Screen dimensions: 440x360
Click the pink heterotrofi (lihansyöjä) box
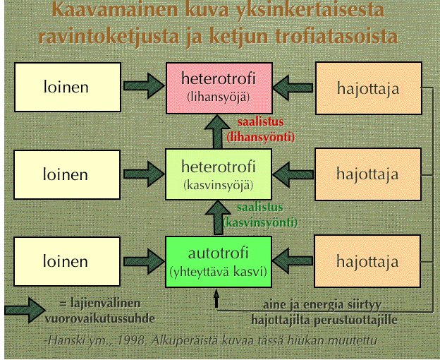219,88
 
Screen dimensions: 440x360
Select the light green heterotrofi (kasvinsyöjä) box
219,174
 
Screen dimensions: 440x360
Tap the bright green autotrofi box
219,262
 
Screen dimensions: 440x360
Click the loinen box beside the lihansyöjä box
68,87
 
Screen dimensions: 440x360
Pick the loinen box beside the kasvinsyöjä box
67,174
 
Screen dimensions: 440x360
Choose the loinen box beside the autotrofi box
67,262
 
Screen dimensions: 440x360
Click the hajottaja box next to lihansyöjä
369,88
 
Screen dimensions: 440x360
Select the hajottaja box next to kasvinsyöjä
368,174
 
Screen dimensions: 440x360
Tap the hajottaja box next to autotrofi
367,261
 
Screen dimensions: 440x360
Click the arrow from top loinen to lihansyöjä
144,86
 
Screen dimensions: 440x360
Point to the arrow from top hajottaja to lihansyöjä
293,88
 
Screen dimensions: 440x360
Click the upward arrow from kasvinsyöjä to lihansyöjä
217,132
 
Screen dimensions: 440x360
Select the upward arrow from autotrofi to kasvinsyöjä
218,218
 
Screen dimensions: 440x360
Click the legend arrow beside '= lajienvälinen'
25,311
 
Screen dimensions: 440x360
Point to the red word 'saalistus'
261,122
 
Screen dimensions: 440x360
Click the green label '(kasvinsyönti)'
260,223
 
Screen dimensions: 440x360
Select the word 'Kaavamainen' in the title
115,10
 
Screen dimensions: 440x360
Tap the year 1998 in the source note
132,341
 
